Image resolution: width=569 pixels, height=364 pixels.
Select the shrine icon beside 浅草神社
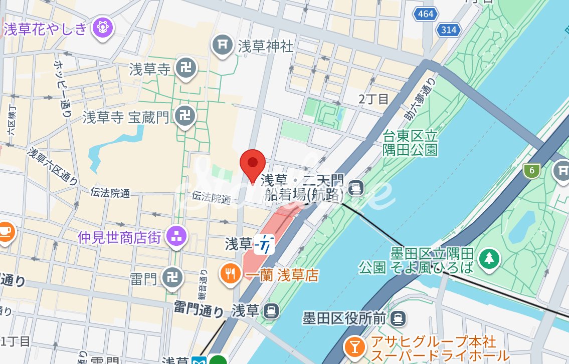[222, 45]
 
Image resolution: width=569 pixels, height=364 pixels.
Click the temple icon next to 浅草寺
[185, 69]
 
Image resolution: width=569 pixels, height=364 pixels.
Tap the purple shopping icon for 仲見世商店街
[176, 235]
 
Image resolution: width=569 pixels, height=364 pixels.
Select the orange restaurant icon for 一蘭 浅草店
[230, 273]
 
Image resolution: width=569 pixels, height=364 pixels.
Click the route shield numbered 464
[425, 14]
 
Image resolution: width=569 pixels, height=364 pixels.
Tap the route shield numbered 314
[448, 30]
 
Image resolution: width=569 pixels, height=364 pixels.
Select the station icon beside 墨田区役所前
[399, 317]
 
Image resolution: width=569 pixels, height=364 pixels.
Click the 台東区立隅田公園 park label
[411, 143]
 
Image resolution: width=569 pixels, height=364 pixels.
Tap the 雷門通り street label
[199, 309]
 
